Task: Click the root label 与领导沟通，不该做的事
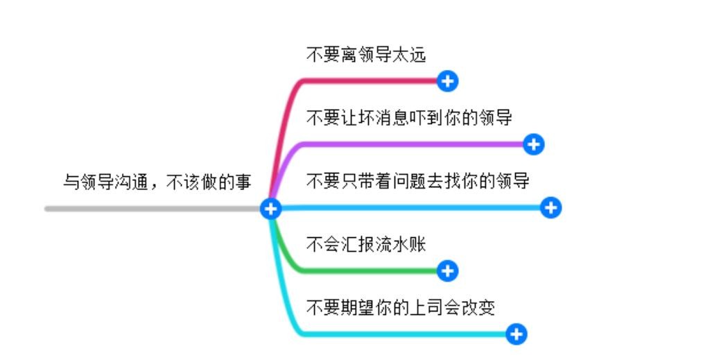[x=157, y=182]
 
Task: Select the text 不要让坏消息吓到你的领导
[x=409, y=118]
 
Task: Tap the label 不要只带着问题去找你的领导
[x=418, y=182]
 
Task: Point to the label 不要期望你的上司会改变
[x=401, y=307]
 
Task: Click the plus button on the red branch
[x=448, y=81]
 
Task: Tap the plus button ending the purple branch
[x=534, y=144]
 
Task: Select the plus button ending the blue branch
[x=551, y=207]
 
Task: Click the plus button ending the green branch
[x=448, y=271]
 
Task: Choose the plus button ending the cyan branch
[x=517, y=334]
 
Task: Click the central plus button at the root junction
[x=271, y=208]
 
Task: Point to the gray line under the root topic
[x=153, y=208]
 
